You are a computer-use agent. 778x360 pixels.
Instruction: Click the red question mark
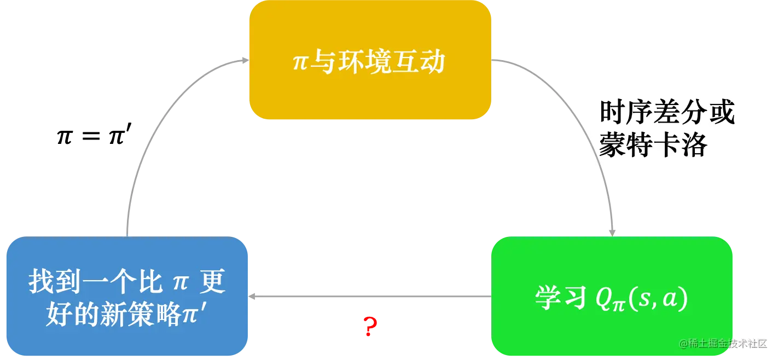(x=370, y=326)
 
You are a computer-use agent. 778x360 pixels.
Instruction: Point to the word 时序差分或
(x=667, y=113)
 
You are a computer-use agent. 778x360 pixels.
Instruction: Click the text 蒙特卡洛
(x=653, y=145)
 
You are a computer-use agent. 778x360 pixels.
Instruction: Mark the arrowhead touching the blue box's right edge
(x=253, y=296)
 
